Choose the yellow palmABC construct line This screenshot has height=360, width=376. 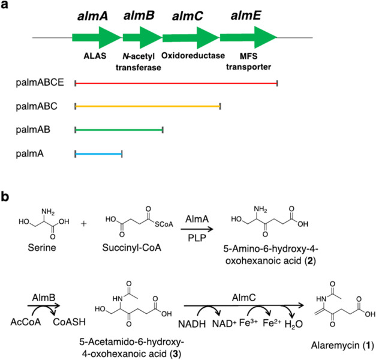(148, 106)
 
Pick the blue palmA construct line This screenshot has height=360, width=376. (98, 154)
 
